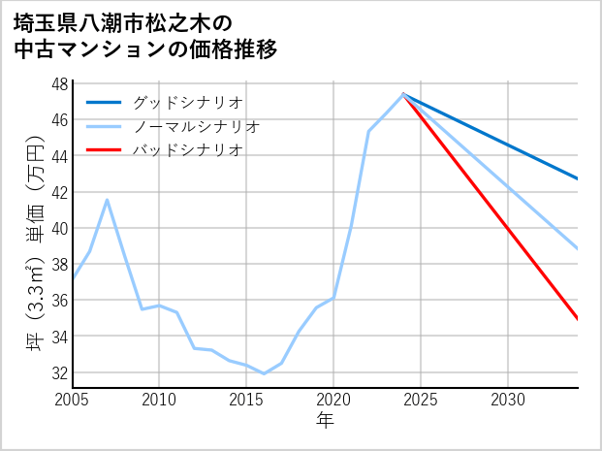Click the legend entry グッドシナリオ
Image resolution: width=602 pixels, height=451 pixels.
click(187, 102)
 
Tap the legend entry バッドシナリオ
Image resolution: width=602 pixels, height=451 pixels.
click(187, 150)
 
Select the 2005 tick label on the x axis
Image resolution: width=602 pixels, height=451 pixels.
click(73, 399)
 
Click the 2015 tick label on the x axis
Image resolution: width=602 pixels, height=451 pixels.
click(246, 399)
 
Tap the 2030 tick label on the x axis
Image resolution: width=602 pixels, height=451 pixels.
click(508, 399)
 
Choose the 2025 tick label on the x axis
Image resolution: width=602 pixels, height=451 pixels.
click(421, 399)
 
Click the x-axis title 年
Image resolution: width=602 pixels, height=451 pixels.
click(326, 420)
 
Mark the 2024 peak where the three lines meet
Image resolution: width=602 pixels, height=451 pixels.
click(403, 94)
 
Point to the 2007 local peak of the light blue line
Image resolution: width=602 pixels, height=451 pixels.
click(107, 200)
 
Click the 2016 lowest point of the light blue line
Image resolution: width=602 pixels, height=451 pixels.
click(264, 373)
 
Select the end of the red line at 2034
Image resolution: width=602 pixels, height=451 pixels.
click(578, 319)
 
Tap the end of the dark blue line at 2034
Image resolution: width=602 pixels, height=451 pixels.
click(578, 178)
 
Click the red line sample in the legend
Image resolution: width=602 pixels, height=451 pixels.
click(104, 150)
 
